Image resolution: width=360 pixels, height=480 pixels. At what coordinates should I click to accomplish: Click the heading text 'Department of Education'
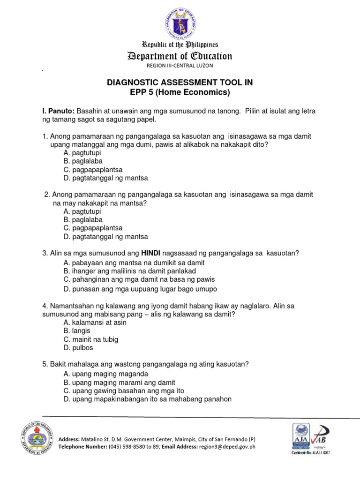180,57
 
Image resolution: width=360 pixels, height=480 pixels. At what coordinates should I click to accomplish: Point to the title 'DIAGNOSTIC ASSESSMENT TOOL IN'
180,82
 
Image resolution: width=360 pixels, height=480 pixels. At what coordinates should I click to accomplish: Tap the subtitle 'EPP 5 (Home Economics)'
180,92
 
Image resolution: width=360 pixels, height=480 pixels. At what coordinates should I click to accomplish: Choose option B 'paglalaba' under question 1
83,161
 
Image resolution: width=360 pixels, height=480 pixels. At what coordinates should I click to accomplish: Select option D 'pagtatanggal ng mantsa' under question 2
105,236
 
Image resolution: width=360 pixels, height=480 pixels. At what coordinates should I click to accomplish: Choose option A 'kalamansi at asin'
95,322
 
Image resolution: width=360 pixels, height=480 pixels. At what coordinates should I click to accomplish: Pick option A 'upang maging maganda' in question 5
106,374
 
